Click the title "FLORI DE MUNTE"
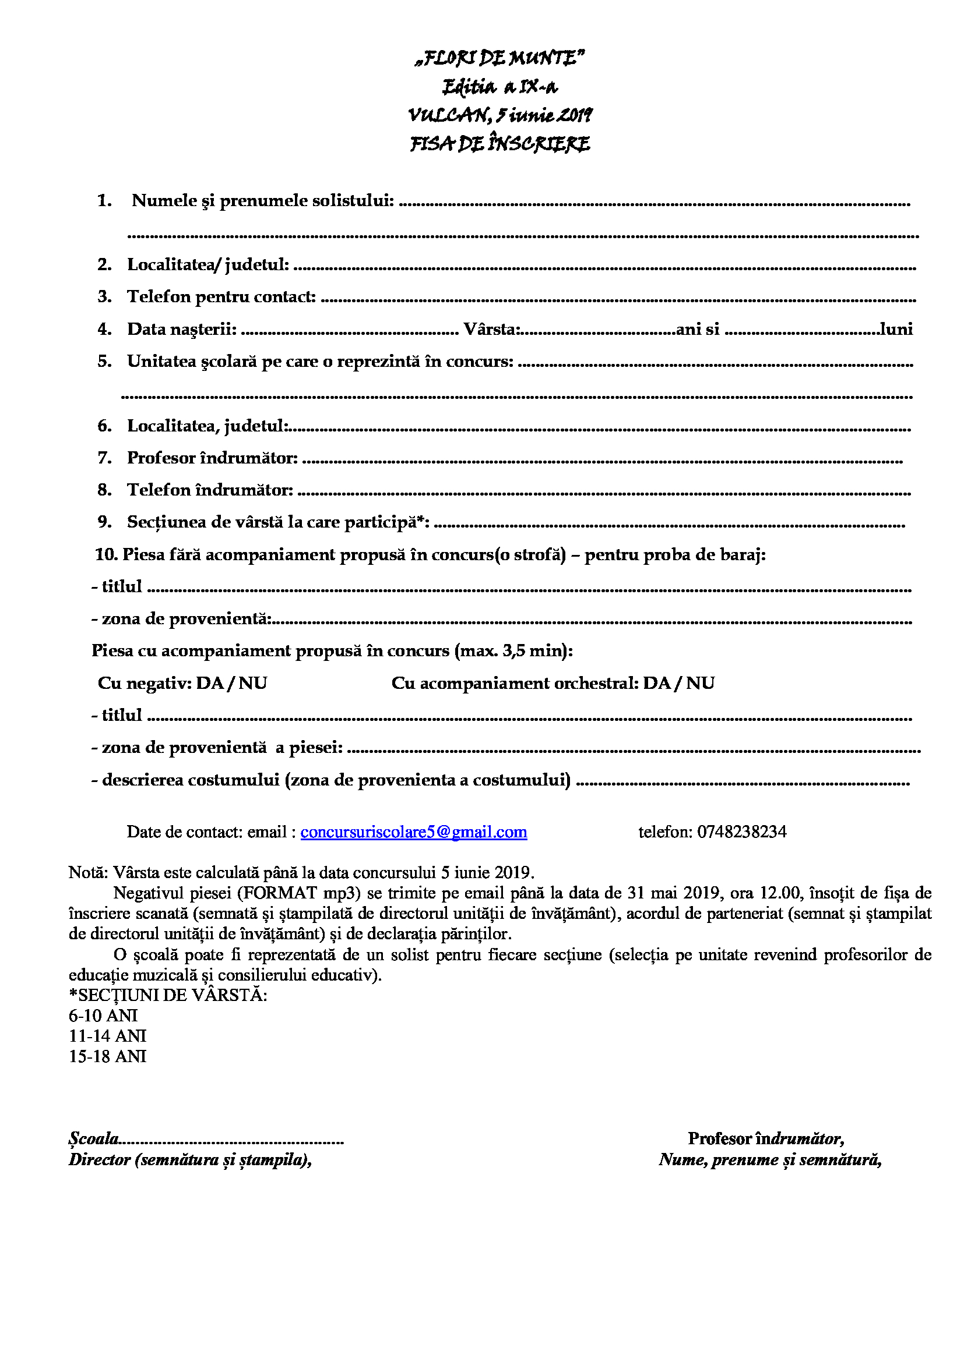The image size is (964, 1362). [500, 58]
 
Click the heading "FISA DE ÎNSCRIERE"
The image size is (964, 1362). [500, 144]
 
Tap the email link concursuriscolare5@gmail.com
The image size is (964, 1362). [413, 832]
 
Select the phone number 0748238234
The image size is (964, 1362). [741, 832]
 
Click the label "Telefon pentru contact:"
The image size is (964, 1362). [221, 296]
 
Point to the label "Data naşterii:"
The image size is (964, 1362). [182, 328]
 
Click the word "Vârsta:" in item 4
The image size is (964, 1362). [492, 328]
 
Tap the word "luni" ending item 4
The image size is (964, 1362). [896, 328]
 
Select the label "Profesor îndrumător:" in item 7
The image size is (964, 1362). [212, 457]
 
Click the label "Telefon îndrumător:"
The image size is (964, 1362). [210, 489]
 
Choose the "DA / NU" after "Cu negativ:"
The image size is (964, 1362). [231, 683]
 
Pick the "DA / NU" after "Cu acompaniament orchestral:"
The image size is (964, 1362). [678, 683]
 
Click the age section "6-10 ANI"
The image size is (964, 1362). [103, 1016]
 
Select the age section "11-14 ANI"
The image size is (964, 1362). [107, 1036]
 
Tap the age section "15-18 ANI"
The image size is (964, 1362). [107, 1056]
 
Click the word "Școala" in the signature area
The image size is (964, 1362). [94, 1138]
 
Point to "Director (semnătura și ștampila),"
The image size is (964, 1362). [190, 1159]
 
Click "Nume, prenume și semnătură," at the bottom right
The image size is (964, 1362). [770, 1159]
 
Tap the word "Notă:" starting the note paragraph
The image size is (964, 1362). [88, 872]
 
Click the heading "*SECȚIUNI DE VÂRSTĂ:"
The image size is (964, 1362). [168, 995]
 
